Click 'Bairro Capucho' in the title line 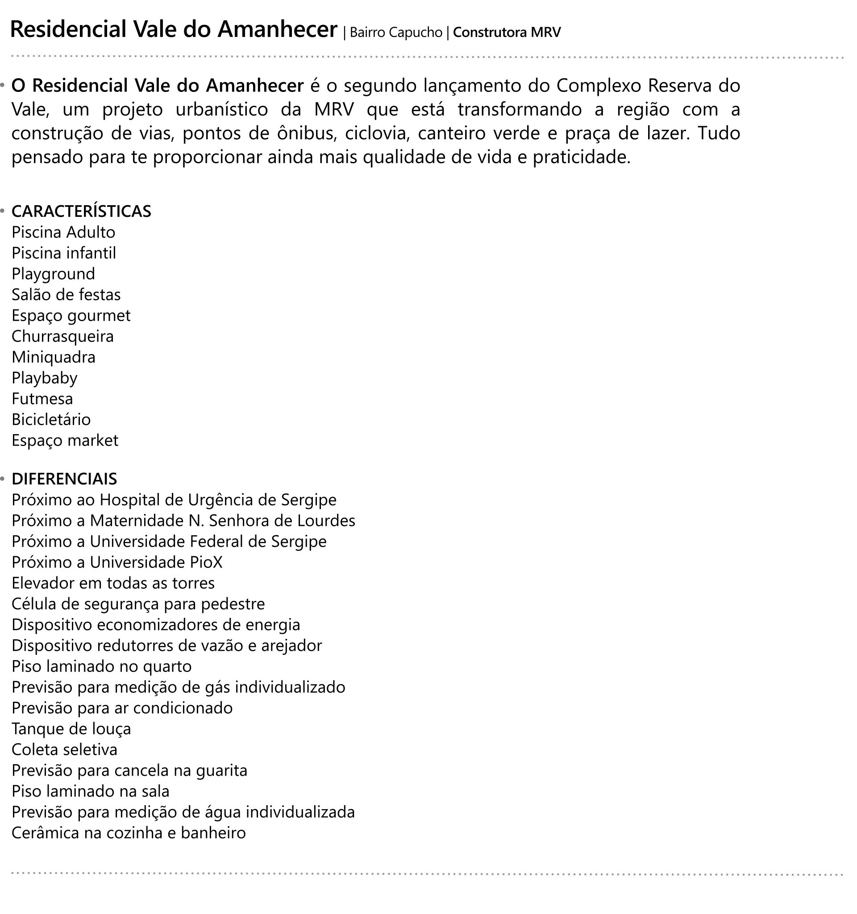pyautogui.click(x=395, y=33)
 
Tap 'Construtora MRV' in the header pyautogui.click(x=507, y=33)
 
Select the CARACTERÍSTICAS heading pyautogui.click(x=81, y=211)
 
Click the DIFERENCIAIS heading pyautogui.click(x=64, y=479)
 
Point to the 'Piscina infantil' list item pyautogui.click(x=64, y=253)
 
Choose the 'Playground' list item pyautogui.click(x=54, y=274)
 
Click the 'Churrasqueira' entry pyautogui.click(x=62, y=336)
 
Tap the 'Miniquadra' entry pyautogui.click(x=54, y=357)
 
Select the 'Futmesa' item pyautogui.click(x=42, y=399)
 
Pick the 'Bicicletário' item pyautogui.click(x=51, y=420)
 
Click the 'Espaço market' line pyautogui.click(x=65, y=440)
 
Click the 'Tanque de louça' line pyautogui.click(x=71, y=729)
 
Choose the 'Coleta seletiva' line pyautogui.click(x=64, y=750)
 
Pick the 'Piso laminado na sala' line pyautogui.click(x=91, y=791)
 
